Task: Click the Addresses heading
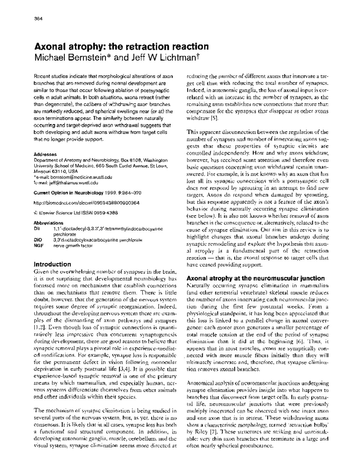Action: pyautogui.click(x=45, y=154)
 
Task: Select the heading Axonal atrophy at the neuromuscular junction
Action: pyautogui.click(x=256, y=278)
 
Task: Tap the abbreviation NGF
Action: pyautogui.click(x=38, y=245)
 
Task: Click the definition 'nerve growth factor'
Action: pyautogui.click(x=73, y=245)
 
